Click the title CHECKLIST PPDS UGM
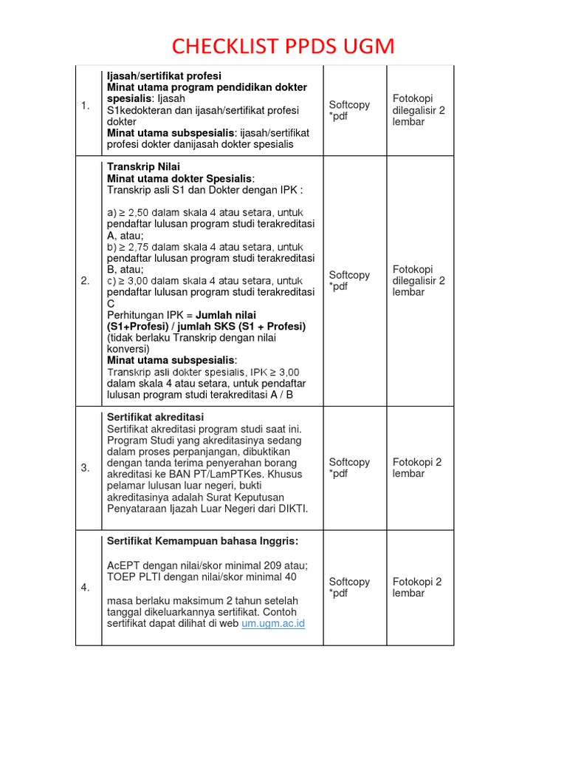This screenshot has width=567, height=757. [x=283, y=47]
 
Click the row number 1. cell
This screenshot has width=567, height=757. [x=86, y=106]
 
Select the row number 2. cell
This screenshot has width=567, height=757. [x=86, y=281]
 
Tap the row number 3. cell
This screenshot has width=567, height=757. [x=86, y=468]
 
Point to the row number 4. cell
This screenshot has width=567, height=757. [x=86, y=588]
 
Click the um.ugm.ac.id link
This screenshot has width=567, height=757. [x=273, y=623]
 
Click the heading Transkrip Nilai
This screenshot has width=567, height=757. [x=143, y=167]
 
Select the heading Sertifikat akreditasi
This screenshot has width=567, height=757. [x=155, y=418]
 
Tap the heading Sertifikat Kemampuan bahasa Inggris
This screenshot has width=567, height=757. [x=202, y=541]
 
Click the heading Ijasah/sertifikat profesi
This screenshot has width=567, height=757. [x=164, y=76]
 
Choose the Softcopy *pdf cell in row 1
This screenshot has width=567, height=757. [x=349, y=110]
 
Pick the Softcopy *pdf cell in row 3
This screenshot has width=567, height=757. [x=349, y=468]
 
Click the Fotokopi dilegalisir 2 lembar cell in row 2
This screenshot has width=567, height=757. [x=419, y=281]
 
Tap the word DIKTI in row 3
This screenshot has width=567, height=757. [x=292, y=509]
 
